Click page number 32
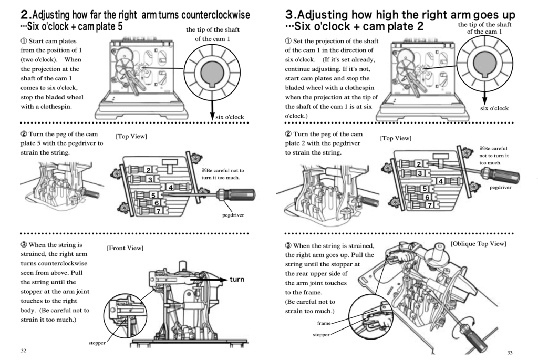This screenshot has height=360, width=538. [x=23, y=351]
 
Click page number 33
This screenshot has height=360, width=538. [x=510, y=353]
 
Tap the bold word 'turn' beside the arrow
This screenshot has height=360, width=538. [x=237, y=280]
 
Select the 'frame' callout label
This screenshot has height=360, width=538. [x=324, y=323]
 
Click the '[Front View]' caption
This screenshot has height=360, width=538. [x=125, y=248]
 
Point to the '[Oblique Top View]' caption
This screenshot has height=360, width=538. [x=478, y=244]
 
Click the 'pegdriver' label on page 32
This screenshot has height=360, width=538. [x=233, y=215]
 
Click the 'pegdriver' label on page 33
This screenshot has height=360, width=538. [x=500, y=188]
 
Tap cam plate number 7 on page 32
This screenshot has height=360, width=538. [x=158, y=211]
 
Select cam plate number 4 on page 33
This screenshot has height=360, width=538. [x=441, y=181]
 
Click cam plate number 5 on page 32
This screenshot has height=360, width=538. [x=153, y=196]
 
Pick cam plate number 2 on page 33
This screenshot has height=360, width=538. [x=419, y=164]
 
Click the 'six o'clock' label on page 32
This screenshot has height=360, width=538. [x=230, y=117]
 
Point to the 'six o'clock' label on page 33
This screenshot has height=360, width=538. [x=494, y=108]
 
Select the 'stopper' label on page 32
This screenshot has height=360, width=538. [x=97, y=343]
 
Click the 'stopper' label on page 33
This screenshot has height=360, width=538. [x=321, y=335]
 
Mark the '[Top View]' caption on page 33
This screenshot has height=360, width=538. [x=396, y=138]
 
